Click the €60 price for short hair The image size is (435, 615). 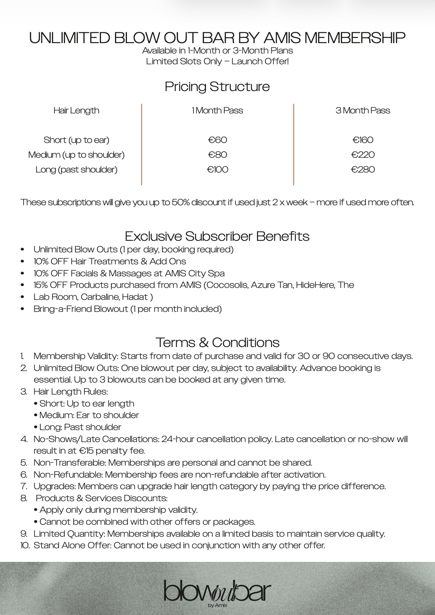pyautogui.click(x=217, y=140)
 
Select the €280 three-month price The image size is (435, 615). pyautogui.click(x=363, y=169)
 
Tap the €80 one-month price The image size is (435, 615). pyautogui.click(x=217, y=155)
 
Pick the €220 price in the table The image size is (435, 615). pyautogui.click(x=363, y=155)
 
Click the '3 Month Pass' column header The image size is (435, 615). pyautogui.click(x=363, y=111)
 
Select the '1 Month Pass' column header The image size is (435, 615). pyautogui.click(x=217, y=111)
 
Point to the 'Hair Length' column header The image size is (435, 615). pyautogui.click(x=76, y=111)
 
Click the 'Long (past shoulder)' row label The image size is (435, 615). pyautogui.click(x=76, y=169)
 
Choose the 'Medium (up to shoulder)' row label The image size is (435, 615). pyautogui.click(x=76, y=155)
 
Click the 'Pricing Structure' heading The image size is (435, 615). pyautogui.click(x=217, y=87)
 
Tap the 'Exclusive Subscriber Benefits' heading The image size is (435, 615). pyautogui.click(x=217, y=236)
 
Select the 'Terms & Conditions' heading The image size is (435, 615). pyautogui.click(x=217, y=342)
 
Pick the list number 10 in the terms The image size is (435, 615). pyautogui.click(x=25, y=545)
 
